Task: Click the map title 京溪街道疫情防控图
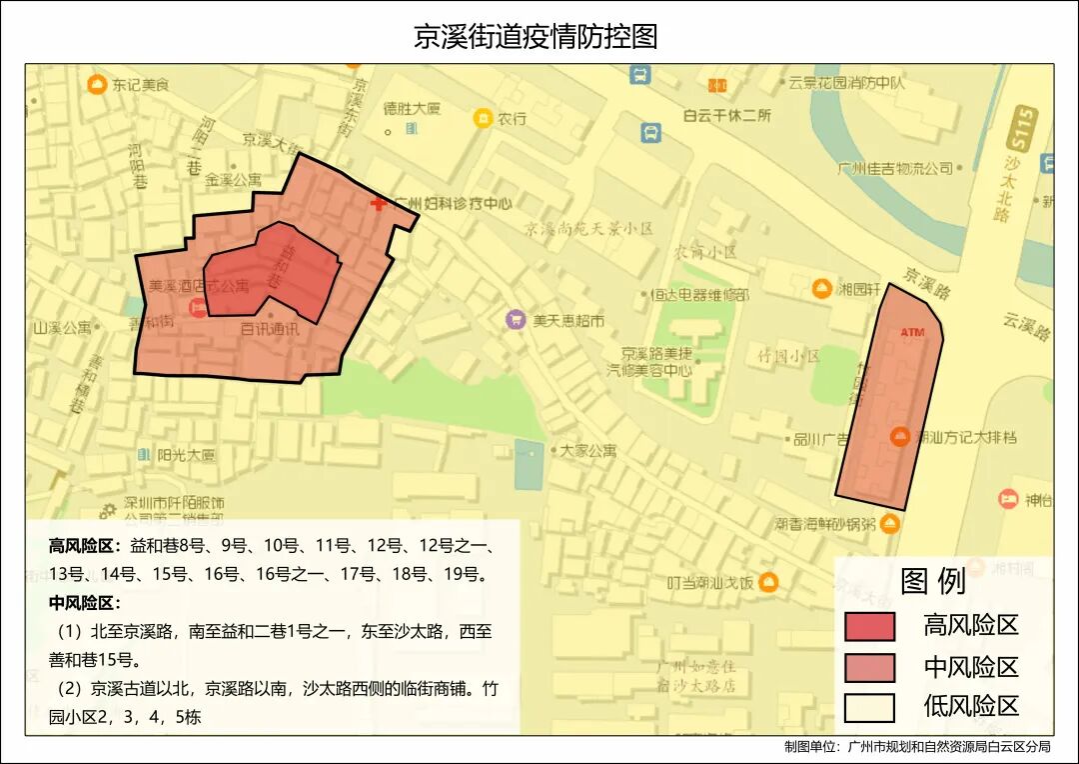536,37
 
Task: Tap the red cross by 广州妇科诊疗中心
378,204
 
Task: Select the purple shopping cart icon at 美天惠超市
516,320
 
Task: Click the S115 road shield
1023,127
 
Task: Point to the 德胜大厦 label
412,108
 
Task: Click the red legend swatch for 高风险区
869,626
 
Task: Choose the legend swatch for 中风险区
869,667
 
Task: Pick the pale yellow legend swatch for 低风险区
869,707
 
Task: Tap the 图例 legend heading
932,581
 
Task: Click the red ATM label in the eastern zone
912,331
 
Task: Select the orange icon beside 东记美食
97,84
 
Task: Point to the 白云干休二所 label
727,115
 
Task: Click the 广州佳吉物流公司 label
896,168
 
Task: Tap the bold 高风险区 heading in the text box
84,547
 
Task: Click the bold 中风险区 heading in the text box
84,603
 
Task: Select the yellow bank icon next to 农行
483,118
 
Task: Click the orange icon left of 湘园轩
821,289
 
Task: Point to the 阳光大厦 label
186,455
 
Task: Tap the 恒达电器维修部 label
699,295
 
